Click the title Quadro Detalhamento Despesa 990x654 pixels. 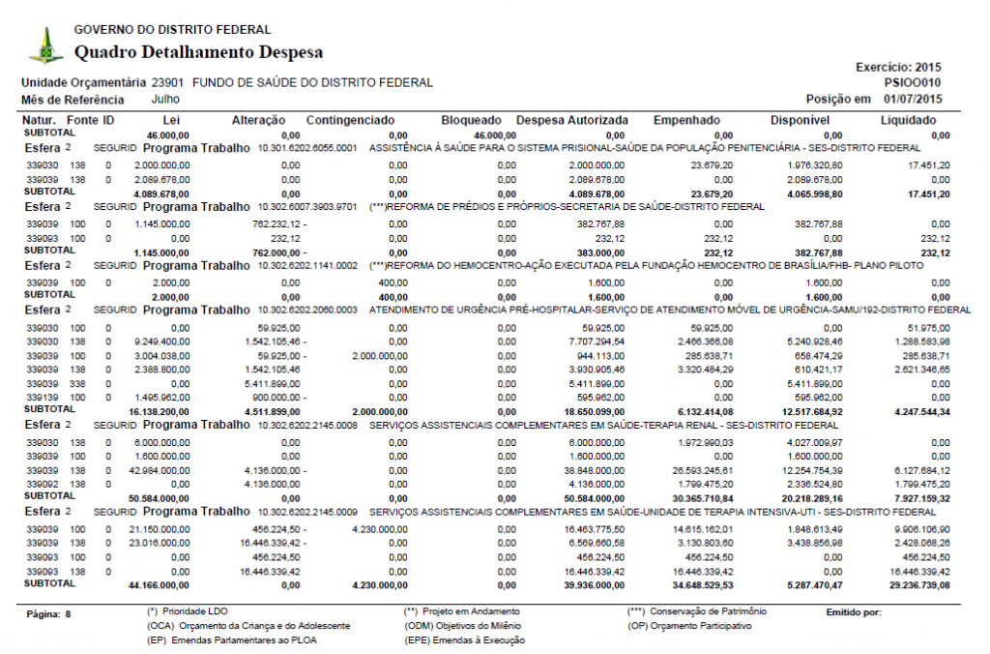(198, 52)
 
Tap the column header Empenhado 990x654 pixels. (686, 120)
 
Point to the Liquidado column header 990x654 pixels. (908, 120)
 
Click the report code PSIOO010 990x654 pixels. (913, 83)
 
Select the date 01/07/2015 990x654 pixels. (913, 99)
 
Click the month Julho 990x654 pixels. (165, 99)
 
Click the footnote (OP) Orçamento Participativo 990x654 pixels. (690, 626)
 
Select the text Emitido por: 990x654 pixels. (855, 613)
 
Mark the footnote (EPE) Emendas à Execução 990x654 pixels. (463, 640)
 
